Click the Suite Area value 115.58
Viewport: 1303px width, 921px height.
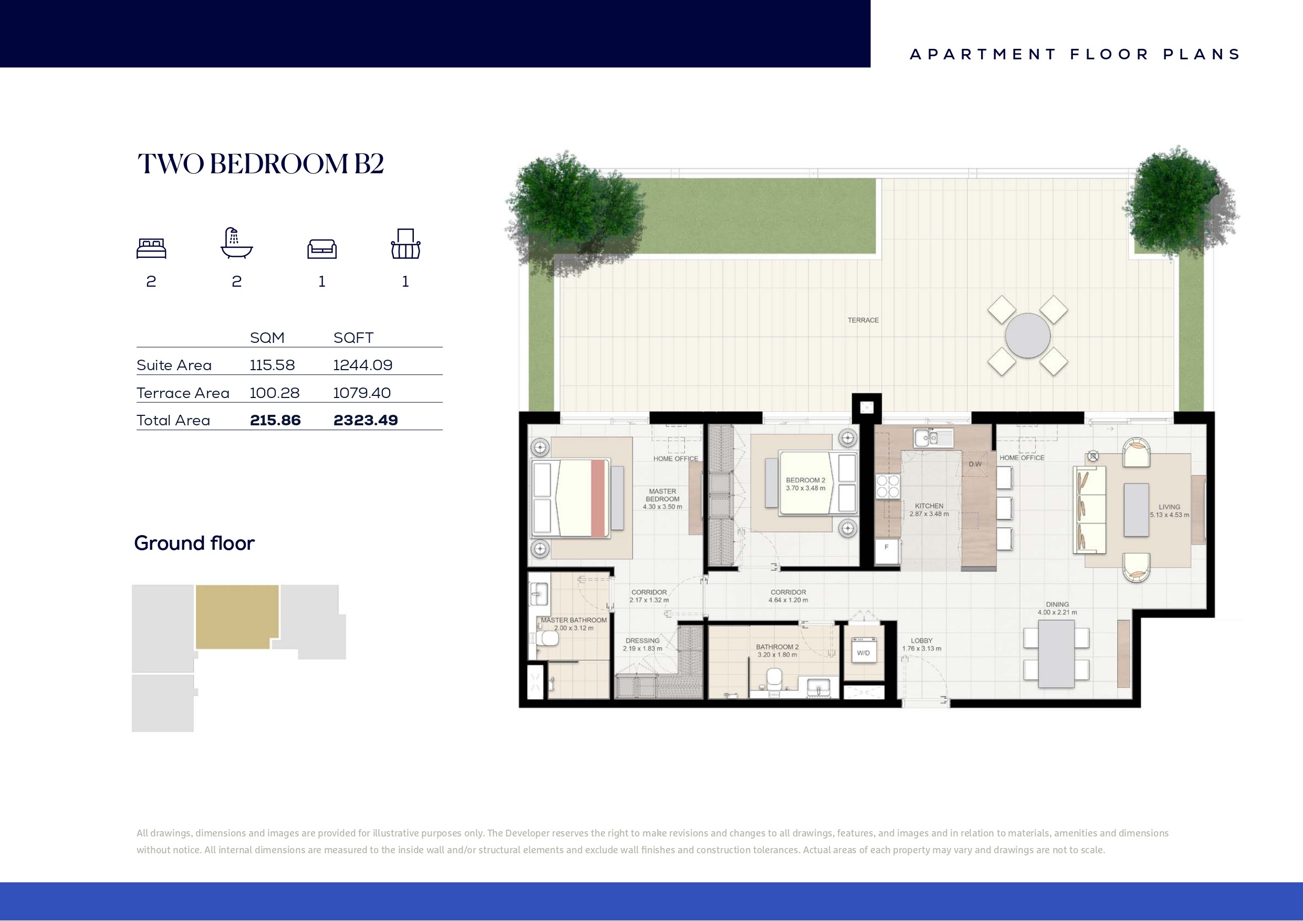[x=273, y=365]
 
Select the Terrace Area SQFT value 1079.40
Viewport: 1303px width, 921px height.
[x=361, y=393]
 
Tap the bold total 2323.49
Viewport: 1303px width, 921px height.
[x=366, y=420]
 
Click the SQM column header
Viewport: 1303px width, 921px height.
[x=267, y=338]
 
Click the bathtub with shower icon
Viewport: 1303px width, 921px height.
[x=237, y=244]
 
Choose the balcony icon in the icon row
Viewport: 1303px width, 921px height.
[x=405, y=244]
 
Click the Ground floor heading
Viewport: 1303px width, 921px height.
[x=194, y=543]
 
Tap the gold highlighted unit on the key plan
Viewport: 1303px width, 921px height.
[x=237, y=616]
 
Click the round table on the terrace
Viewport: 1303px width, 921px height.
[x=1027, y=336]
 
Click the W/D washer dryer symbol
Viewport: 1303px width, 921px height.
[x=863, y=653]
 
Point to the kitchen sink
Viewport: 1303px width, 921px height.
[x=933, y=438]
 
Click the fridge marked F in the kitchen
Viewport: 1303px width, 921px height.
[x=887, y=552]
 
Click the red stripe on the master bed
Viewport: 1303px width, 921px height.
[x=598, y=498]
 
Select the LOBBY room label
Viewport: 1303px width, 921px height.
[x=922, y=641]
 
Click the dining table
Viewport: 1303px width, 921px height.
[x=1056, y=653]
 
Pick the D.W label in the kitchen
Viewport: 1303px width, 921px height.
[x=975, y=464]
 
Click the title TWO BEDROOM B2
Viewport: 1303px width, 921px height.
[x=260, y=164]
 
